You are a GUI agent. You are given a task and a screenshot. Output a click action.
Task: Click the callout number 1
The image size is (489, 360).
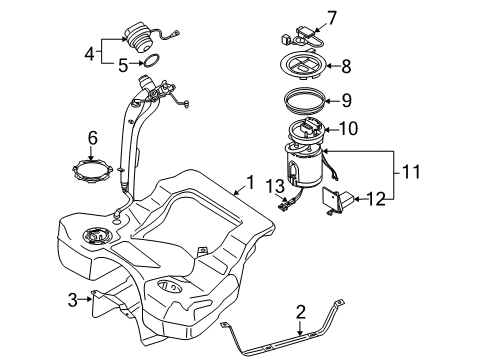click(x=250, y=182)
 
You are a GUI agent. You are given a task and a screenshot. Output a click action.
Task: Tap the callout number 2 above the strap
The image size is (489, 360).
click(x=301, y=312)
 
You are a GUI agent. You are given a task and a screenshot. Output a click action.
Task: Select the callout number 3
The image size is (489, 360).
click(x=73, y=300)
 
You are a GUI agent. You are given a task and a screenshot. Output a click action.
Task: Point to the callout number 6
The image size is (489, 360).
click(x=92, y=138)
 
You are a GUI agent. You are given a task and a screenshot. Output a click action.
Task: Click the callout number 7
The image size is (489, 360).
click(x=332, y=18)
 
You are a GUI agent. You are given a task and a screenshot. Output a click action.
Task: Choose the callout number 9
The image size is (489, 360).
click(x=346, y=100)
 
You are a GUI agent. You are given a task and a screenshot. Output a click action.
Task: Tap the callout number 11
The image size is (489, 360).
click(x=411, y=172)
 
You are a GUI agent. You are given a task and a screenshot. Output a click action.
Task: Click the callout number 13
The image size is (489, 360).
click(x=275, y=187)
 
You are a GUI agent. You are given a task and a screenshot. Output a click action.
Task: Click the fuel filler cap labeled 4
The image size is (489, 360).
click(x=139, y=37)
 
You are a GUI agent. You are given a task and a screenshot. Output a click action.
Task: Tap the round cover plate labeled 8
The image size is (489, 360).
click(x=301, y=65)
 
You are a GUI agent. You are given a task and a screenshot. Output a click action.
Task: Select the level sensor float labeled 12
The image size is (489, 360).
click(x=337, y=200)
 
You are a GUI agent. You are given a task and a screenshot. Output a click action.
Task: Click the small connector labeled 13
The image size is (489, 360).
click(x=284, y=205)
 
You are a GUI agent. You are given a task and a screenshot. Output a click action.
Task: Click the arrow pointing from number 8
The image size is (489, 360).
click(x=333, y=66)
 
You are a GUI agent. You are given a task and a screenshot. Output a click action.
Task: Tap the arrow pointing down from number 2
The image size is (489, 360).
click(x=300, y=328)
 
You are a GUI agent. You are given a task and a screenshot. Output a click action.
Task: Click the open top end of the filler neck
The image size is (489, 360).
click(x=145, y=80)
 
